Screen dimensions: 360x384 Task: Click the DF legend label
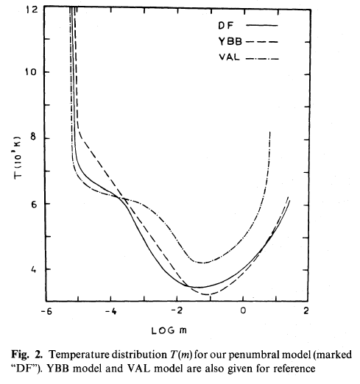pyautogui.click(x=226, y=25)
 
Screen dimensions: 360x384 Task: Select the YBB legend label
pyautogui.click(x=230, y=41)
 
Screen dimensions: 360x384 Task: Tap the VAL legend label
pyautogui.click(x=229, y=57)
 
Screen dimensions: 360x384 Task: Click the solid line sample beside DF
pyautogui.click(x=262, y=25)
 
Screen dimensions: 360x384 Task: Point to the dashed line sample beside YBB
pyautogui.click(x=262, y=42)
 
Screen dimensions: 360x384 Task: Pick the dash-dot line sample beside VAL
pyautogui.click(x=262, y=59)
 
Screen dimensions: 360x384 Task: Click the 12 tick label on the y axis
pyautogui.click(x=32, y=10)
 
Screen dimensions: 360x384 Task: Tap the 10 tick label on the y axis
pyautogui.click(x=30, y=72)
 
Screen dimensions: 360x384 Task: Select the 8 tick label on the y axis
pyautogui.click(x=33, y=137)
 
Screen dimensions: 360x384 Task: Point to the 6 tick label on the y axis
pyautogui.click(x=34, y=204)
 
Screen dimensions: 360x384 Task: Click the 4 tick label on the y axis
pyautogui.click(x=33, y=270)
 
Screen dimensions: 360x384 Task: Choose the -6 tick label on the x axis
pyautogui.click(x=46, y=311)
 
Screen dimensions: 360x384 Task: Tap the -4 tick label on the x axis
pyautogui.click(x=111, y=311)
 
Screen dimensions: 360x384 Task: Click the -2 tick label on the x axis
pyautogui.click(x=177, y=310)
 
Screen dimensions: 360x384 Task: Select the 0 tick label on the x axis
pyautogui.click(x=243, y=310)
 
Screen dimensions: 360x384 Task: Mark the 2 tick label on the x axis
pyautogui.click(x=306, y=310)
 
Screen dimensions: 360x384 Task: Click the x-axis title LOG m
pyautogui.click(x=169, y=330)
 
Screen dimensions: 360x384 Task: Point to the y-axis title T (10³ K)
pyautogui.click(x=18, y=157)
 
